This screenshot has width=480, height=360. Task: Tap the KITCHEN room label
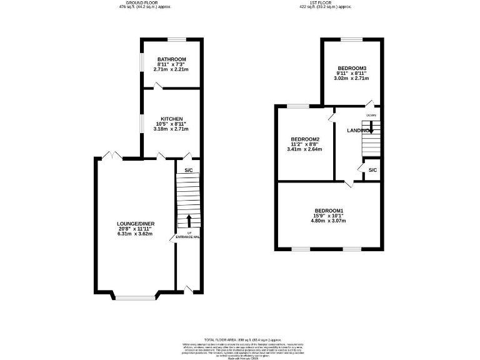click(171, 119)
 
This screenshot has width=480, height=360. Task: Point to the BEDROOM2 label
click(304, 139)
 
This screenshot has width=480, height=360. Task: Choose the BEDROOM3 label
click(351, 68)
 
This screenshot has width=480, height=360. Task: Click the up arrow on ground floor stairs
click(188, 220)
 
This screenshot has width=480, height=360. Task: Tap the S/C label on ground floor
click(188, 170)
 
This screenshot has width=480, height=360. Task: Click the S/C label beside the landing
click(372, 170)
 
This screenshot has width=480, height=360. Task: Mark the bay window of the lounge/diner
click(135, 297)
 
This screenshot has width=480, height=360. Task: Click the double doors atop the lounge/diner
click(111, 154)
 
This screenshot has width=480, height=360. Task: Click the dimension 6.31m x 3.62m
click(136, 234)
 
